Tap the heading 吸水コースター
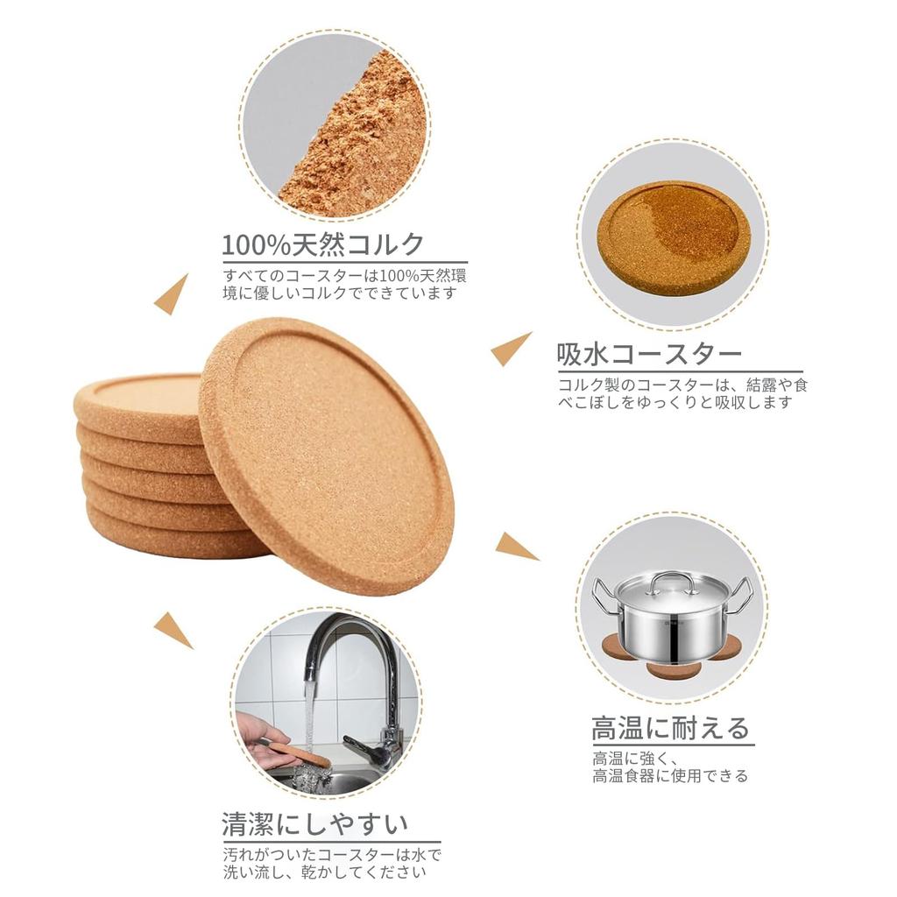(649, 355)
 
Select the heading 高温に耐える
(671, 728)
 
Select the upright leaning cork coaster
(327, 455)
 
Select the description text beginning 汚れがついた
(331, 863)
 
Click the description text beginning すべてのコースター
(344, 284)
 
